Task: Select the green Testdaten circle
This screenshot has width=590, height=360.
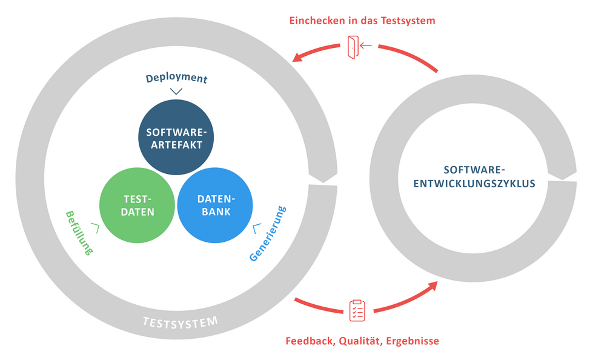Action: pyautogui.click(x=139, y=205)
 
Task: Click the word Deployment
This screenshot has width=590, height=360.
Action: pyautogui.click(x=176, y=79)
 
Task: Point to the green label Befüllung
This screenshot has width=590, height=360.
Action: pyautogui.click(x=78, y=232)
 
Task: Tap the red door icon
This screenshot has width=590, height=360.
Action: pyautogui.click(x=353, y=47)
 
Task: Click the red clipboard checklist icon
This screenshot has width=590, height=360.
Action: pyautogui.click(x=357, y=310)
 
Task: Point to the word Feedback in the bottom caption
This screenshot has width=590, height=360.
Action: pyautogui.click(x=309, y=341)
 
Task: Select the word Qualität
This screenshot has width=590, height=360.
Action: pyautogui.click(x=359, y=341)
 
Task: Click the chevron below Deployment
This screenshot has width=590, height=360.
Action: pyautogui.click(x=176, y=92)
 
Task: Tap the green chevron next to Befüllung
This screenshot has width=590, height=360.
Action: pyautogui.click(x=95, y=227)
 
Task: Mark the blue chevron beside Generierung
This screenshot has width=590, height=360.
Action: pyautogui.click(x=257, y=228)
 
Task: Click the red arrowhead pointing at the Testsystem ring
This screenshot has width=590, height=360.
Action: pyautogui.click(x=298, y=58)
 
